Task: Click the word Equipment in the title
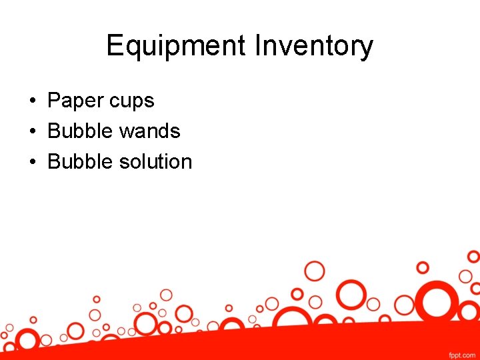pyautogui.click(x=176, y=47)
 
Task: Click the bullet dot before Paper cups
pyautogui.click(x=32, y=101)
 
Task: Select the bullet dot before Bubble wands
pyautogui.click(x=32, y=131)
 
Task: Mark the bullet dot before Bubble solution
pyautogui.click(x=32, y=162)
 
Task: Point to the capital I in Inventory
pyautogui.click(x=257, y=47)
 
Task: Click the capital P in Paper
pyautogui.click(x=53, y=101)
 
